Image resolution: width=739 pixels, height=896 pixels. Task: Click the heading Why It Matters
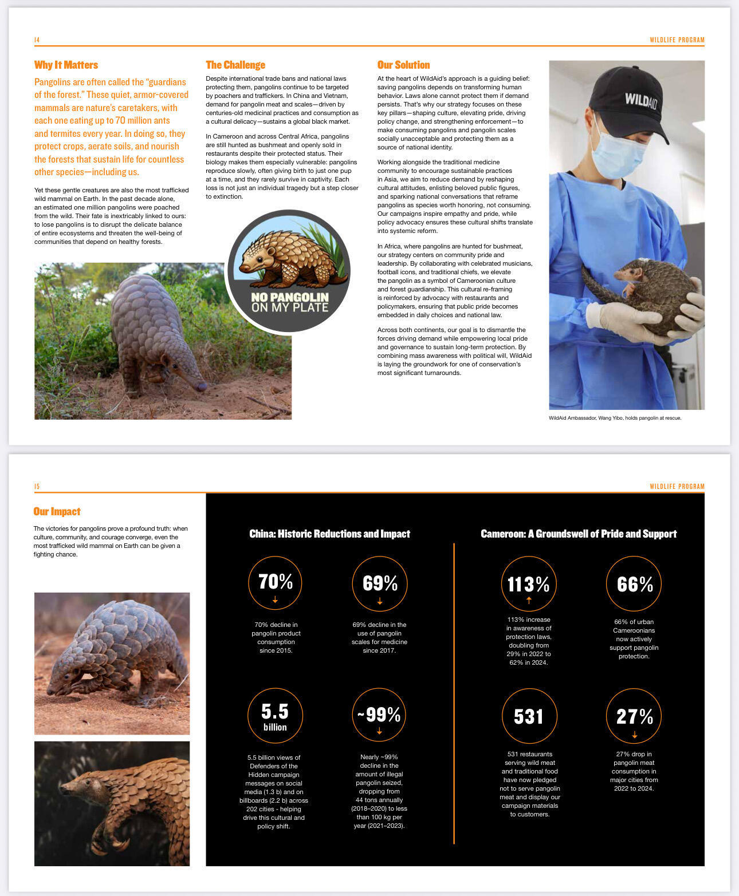66,65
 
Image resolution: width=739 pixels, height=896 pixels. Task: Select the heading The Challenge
235,65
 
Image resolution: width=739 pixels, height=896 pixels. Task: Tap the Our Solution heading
403,65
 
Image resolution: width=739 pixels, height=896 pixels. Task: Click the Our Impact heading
57,511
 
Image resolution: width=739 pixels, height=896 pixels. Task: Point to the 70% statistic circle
275,583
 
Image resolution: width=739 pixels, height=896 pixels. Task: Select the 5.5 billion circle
275,716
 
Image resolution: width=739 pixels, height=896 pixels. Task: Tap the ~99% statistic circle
379,716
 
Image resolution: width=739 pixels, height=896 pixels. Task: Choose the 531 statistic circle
528,716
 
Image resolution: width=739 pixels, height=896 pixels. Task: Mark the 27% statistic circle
634,716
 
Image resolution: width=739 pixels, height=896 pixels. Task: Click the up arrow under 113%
529,600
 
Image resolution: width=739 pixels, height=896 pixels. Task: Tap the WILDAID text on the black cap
640,100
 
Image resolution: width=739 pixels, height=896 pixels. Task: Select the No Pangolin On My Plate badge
289,271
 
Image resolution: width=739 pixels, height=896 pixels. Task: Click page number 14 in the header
37,40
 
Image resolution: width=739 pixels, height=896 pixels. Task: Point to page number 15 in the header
37,486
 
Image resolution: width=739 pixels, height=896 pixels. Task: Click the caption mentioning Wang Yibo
615,418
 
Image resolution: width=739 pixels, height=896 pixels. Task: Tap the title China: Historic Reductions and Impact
329,534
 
